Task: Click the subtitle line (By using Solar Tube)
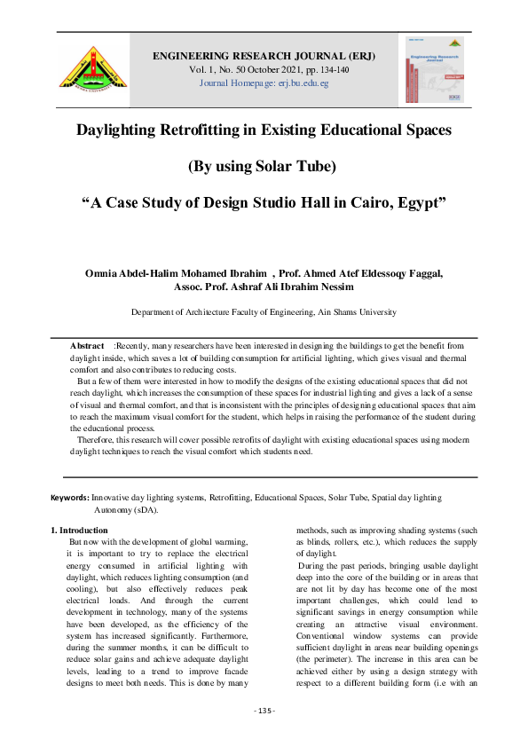pos(264,166)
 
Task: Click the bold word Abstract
pos(88,343)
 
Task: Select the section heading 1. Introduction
pos(81,530)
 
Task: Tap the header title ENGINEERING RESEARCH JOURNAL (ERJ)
pos(264,56)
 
